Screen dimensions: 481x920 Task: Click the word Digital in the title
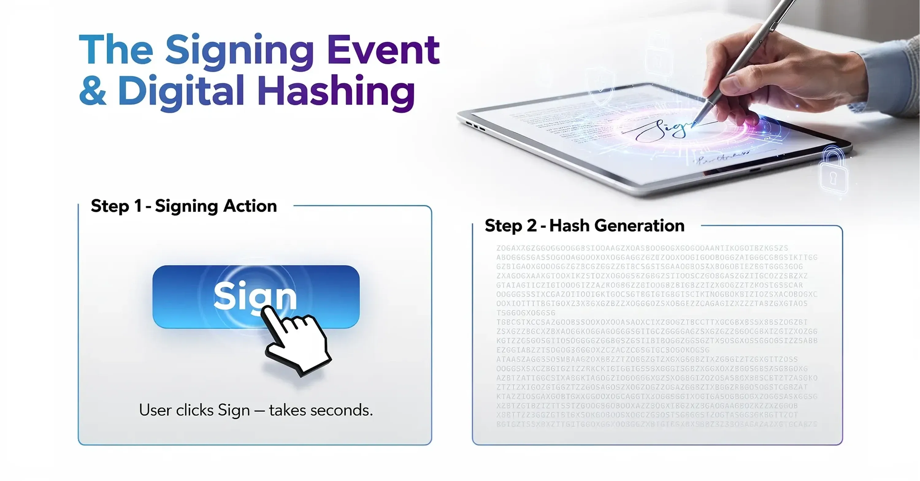pos(181,91)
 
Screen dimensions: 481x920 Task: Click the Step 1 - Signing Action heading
pos(184,206)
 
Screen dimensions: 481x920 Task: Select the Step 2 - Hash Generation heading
pos(584,226)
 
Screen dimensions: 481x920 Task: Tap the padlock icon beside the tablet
pos(834,171)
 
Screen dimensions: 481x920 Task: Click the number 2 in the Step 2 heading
pos(531,226)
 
